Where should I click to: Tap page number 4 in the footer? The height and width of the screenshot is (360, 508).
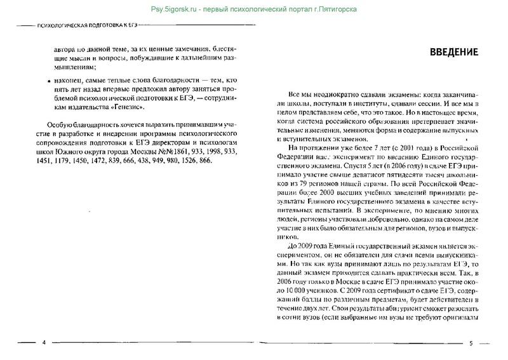pos(44,343)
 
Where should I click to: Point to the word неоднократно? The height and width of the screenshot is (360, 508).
pos(340,92)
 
